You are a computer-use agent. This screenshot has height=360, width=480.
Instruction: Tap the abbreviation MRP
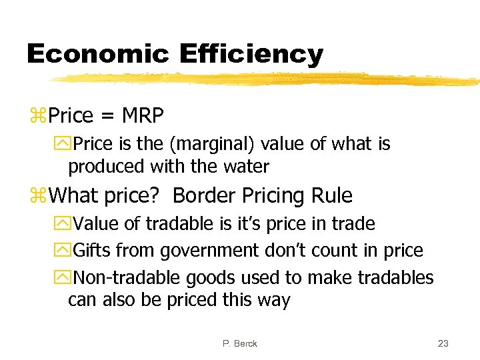pyautogui.click(x=143, y=116)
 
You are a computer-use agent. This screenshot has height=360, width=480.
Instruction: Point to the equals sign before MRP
pyautogui.click(x=107, y=117)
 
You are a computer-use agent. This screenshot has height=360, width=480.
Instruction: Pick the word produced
pyautogui.click(x=101, y=167)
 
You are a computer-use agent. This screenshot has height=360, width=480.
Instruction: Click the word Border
pyautogui.click(x=206, y=196)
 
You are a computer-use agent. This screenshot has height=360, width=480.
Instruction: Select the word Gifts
pyautogui.click(x=93, y=251)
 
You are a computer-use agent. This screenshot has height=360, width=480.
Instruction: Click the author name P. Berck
pyautogui.click(x=239, y=343)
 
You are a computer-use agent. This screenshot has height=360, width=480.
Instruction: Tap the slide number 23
pyautogui.click(x=443, y=343)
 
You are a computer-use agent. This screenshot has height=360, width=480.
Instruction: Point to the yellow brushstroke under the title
pyautogui.click(x=267, y=79)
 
